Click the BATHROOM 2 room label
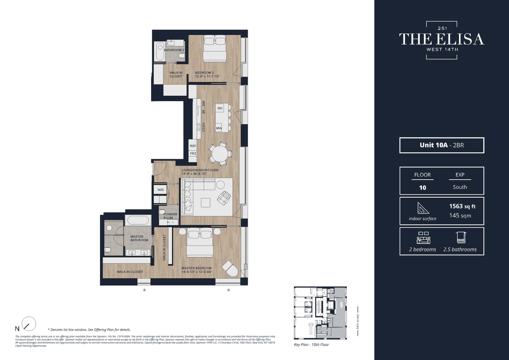174,50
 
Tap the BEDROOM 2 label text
204,73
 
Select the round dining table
220,154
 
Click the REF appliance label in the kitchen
193,146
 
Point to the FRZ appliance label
193,153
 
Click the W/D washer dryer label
161,190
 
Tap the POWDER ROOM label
170,216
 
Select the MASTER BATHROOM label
139,238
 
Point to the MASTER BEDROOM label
197,268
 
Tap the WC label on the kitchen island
220,108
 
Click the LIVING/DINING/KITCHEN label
200,170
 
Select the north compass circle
29,324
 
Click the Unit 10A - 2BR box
442,145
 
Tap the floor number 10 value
423,188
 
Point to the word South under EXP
460,187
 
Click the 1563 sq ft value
462,206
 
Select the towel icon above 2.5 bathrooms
461,238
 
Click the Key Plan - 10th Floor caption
311,345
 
